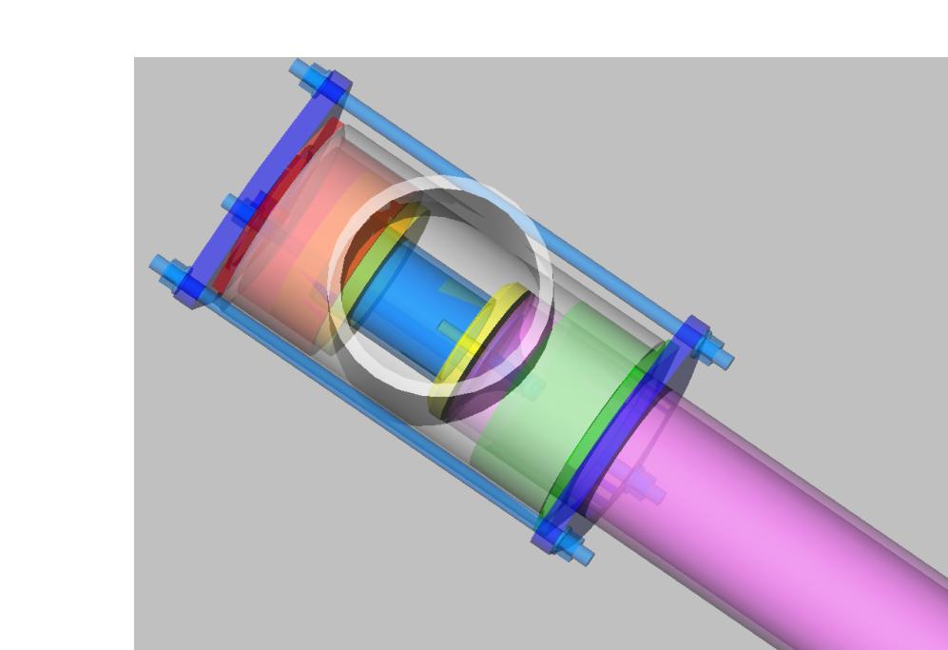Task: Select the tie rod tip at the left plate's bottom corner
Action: coord(161,267)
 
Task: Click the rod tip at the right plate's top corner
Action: coord(723,360)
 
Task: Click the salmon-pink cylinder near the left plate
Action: coord(285,238)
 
